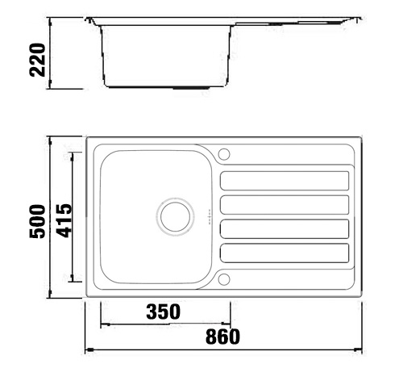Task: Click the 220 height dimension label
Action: click(x=36, y=59)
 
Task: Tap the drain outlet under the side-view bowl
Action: click(x=192, y=86)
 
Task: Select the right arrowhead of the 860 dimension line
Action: click(x=360, y=350)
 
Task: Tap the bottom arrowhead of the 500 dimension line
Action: click(x=52, y=296)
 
